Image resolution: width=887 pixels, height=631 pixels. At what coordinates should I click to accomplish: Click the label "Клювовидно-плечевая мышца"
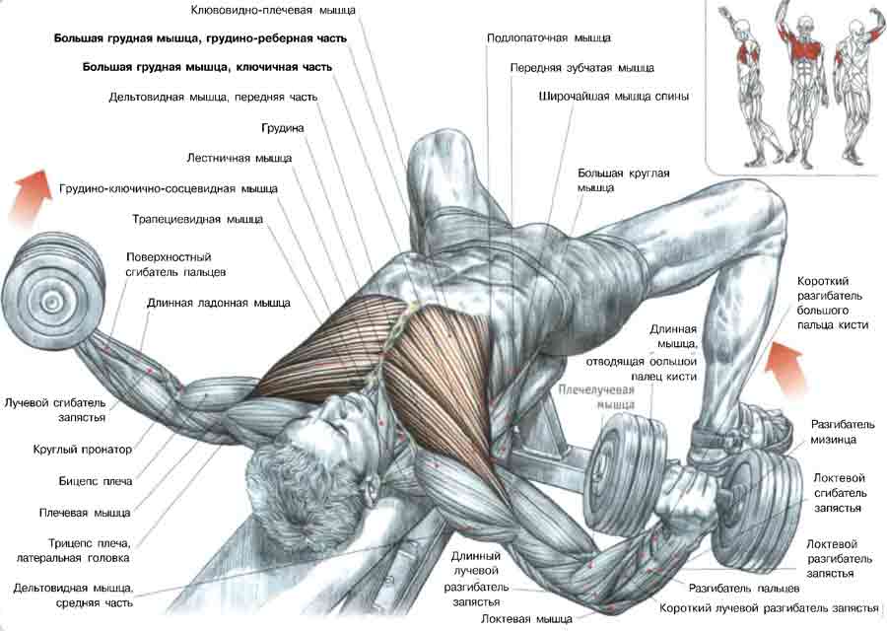point(273,10)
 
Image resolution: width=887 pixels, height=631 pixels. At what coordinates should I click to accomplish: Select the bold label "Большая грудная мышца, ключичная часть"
point(207,67)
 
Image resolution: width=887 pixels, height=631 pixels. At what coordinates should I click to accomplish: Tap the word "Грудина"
point(282,128)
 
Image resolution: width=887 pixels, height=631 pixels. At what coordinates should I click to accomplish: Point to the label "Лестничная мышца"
point(239,158)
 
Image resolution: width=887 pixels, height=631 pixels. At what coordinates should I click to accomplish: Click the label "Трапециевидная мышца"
point(197,219)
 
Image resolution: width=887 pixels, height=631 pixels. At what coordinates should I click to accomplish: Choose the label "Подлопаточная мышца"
point(548,37)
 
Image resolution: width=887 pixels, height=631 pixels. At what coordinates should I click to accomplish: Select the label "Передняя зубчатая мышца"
point(582,68)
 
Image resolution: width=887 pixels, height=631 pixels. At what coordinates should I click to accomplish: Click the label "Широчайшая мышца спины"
point(614,97)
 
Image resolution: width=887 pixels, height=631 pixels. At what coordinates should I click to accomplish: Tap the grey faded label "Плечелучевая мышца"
point(596,397)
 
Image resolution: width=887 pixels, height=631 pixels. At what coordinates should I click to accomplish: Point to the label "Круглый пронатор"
point(83,450)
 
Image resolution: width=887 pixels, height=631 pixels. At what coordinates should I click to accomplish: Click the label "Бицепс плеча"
point(95,481)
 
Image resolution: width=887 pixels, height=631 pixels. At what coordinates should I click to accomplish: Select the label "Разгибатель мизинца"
point(835,432)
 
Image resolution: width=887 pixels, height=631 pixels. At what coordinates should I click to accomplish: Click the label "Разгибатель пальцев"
point(744,589)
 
